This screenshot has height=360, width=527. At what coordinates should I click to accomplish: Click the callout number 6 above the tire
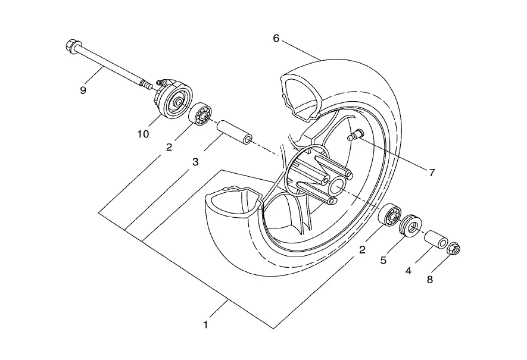pos(276,39)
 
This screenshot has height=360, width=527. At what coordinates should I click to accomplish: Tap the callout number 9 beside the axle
pos(83,90)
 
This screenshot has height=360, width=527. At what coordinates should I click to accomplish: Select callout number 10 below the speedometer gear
pos(143,134)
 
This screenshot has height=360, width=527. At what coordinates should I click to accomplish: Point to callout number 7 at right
pos(432,173)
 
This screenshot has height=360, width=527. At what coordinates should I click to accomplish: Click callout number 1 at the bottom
pos(205,325)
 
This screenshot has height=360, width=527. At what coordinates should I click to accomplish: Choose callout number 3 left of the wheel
pos(195,162)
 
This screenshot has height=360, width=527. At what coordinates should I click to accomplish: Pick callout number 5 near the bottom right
pos(383,260)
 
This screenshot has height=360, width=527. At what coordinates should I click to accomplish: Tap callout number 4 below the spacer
pos(408,271)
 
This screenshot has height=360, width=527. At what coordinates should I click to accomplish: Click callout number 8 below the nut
pos(430,280)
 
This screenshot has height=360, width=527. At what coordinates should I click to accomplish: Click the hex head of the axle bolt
pos(72,46)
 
